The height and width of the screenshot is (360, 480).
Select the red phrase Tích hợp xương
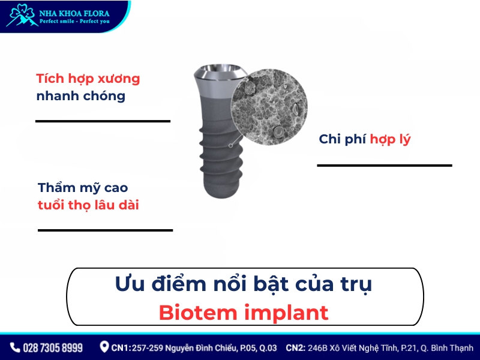coord(88,79)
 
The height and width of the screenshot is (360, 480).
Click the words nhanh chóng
coord(80,96)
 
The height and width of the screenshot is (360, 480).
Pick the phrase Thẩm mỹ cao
coord(83,188)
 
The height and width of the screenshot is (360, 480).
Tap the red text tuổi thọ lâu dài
coord(88,205)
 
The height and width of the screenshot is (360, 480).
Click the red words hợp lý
coord(390,139)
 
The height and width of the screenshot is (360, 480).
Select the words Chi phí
coord(342,139)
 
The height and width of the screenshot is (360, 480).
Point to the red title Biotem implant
coord(244,312)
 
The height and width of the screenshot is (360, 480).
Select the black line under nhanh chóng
coord(103,121)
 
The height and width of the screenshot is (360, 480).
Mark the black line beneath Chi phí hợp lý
coord(384,165)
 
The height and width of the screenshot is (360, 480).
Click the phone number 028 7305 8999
coord(53,347)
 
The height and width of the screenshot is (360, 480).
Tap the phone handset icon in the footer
coord(15,347)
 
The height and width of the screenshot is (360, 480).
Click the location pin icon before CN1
coord(104,347)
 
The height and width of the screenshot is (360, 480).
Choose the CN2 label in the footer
coord(296,347)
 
